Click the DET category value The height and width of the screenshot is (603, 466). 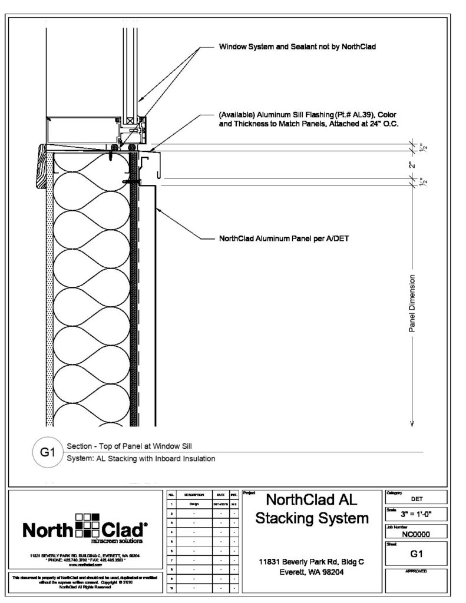point(415,498)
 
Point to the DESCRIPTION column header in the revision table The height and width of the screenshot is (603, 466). point(194,495)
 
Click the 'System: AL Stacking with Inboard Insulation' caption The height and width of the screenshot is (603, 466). point(141,458)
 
